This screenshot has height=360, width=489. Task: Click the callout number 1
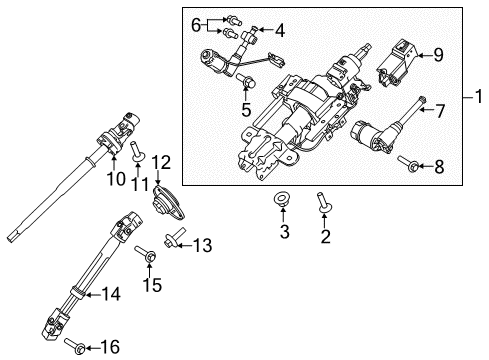click(478, 100)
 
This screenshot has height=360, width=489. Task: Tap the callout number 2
click(324, 237)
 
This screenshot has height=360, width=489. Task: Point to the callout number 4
click(279, 30)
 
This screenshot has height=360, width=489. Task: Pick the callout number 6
click(197, 23)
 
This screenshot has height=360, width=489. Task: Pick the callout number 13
click(203, 244)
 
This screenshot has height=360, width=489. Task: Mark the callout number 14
click(112, 294)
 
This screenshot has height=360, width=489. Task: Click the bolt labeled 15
click(148, 258)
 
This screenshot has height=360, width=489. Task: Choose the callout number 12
click(162, 162)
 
